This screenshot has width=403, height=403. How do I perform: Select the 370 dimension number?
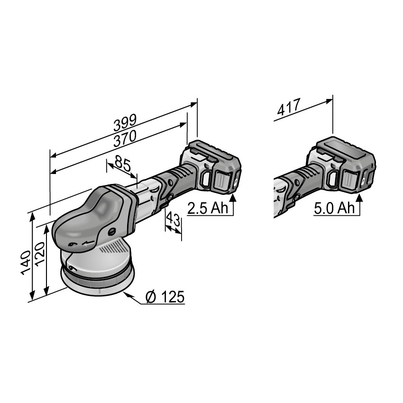(x=125, y=139)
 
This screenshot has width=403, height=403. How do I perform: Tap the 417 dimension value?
(x=289, y=107)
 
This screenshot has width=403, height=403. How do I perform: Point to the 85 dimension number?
(x=123, y=163)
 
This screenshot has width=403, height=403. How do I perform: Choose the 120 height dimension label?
(x=40, y=255)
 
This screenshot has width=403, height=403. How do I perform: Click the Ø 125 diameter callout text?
(x=165, y=297)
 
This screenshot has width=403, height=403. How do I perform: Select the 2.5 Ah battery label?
(x=208, y=208)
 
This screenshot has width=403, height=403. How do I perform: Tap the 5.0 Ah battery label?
(x=334, y=208)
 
